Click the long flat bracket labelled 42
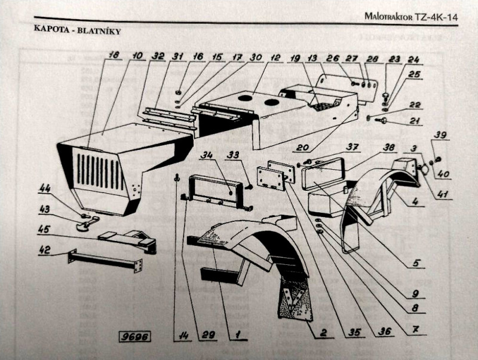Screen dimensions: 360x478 pyautogui.click(x=105, y=261)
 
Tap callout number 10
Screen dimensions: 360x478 pyautogui.click(x=137, y=56)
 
